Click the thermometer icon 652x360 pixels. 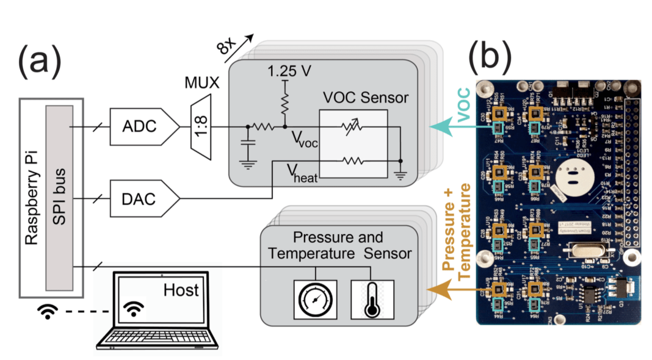coord(369,299)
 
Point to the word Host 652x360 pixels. coord(181,289)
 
